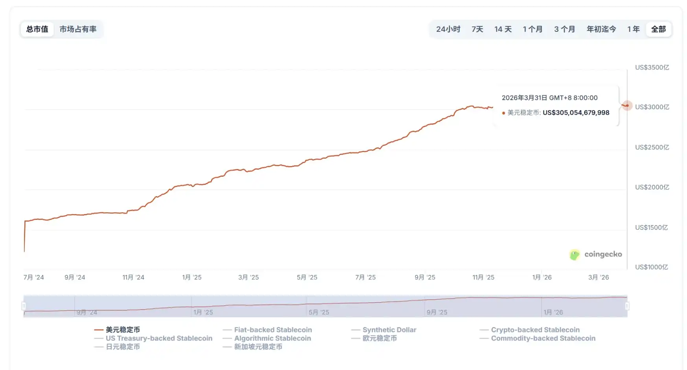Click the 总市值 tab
[37, 29]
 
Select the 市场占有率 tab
[78, 29]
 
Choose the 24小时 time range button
[448, 29]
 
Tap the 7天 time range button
[477, 29]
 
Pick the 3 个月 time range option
[564, 29]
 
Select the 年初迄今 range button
[601, 29]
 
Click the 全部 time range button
[658, 29]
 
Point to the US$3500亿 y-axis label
[652, 68]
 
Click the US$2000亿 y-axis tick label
[652, 187]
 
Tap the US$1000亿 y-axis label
[651, 267]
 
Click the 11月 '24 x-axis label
[133, 277]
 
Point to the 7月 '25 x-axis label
[365, 277]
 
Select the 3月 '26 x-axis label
[598, 277]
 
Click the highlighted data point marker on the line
[626, 105]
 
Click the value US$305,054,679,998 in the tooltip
[576, 113]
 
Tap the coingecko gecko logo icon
[575, 255]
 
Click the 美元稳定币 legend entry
[122, 330]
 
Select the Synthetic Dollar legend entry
[389, 330]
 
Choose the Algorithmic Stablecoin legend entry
[272, 338]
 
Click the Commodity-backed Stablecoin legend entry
[543, 338]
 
